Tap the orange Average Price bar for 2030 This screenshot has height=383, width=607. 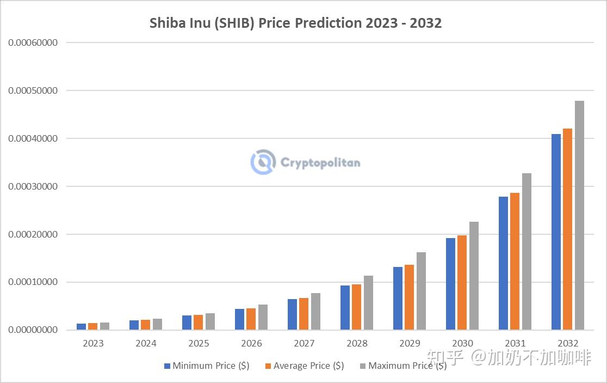[462, 282]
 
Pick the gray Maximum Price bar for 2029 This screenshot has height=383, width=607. [421, 291]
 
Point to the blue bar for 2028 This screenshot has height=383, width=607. [345, 307]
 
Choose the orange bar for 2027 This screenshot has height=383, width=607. [303, 314]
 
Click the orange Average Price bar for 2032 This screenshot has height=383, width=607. [567, 229]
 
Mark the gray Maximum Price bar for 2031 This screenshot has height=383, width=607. [527, 251]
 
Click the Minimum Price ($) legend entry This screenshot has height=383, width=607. [207, 366]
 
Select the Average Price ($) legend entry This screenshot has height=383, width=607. [304, 366]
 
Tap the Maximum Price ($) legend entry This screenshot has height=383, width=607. [402, 366]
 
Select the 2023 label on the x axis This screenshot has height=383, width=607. [93, 343]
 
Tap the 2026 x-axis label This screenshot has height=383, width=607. [251, 343]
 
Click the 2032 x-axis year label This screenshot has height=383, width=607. [568, 343]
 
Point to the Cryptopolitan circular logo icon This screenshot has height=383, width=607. [263, 162]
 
